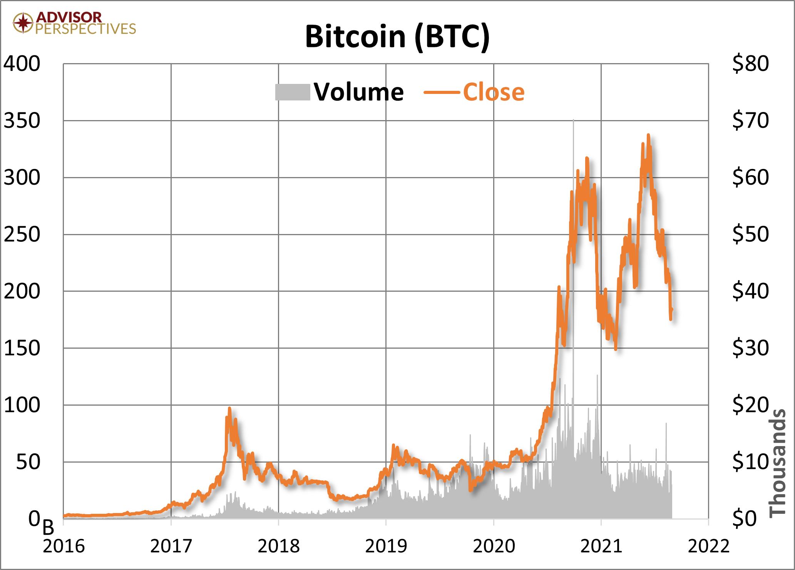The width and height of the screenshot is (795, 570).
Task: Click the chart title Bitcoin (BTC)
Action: point(397,37)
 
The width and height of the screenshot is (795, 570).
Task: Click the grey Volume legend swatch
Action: point(293,92)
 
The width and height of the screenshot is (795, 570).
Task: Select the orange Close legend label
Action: point(494,92)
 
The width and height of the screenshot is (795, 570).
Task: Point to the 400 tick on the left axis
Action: point(22,64)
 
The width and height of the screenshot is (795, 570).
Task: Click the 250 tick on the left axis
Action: point(22,234)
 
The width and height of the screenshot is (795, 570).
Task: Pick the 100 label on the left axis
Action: point(22,405)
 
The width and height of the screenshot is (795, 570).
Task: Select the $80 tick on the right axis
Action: point(750,64)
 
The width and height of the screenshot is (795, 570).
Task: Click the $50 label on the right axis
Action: point(750,234)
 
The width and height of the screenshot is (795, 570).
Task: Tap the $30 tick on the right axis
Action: point(750,348)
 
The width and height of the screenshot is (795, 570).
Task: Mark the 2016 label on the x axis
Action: point(64,546)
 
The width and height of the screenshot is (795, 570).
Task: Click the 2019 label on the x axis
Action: point(386,546)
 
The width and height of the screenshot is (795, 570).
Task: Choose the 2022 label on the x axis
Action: point(708,546)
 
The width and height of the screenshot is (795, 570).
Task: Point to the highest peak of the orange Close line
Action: point(648,135)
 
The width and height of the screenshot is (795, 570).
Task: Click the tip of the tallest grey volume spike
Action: point(573,120)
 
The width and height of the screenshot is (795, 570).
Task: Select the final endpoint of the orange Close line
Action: point(672,309)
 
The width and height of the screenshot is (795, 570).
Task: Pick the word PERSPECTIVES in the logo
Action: point(85,29)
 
